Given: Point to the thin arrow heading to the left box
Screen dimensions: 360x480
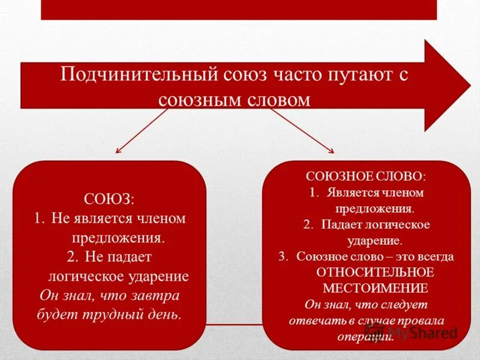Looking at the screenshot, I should pyautogui.click(x=141, y=130).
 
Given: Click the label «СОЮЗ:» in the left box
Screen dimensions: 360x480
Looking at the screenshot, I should pyautogui.click(x=109, y=197).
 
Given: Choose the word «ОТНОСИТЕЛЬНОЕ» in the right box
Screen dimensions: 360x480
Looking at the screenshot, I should pyautogui.click(x=374, y=271).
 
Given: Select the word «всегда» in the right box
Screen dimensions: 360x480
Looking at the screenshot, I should pyautogui.click(x=437, y=256).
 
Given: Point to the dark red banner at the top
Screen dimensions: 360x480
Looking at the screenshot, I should pyautogui.click(x=239, y=9).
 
